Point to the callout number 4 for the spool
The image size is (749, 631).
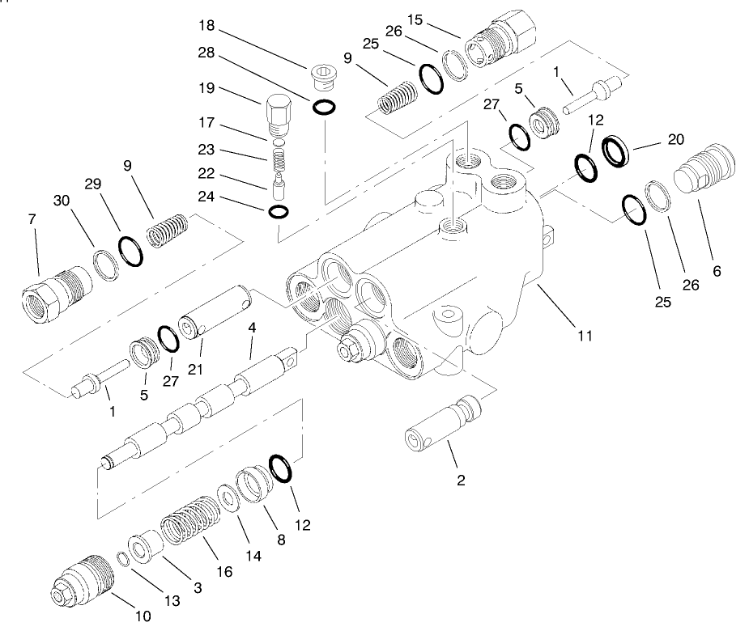coord(253,328)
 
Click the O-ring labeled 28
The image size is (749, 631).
coord(324,106)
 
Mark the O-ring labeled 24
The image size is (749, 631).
coord(277,211)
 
